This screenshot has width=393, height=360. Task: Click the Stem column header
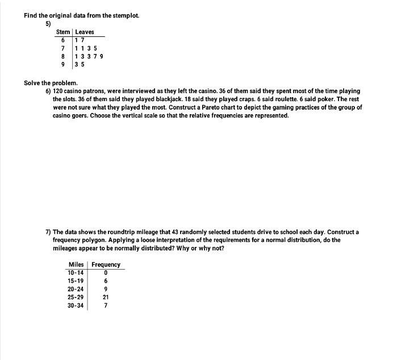pyautogui.click(x=63, y=32)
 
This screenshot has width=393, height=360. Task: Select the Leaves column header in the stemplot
pyautogui.click(x=85, y=32)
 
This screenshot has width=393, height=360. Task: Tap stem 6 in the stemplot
pyautogui.click(x=63, y=40)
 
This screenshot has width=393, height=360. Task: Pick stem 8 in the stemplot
pyautogui.click(x=63, y=56)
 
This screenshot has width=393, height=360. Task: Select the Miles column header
pyautogui.click(x=76, y=265)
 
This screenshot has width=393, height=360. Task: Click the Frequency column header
pyautogui.click(x=106, y=265)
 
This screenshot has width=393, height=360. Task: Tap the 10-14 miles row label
pyautogui.click(x=76, y=273)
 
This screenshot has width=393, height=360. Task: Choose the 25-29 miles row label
pyautogui.click(x=76, y=297)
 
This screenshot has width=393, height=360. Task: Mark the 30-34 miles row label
pyautogui.click(x=76, y=305)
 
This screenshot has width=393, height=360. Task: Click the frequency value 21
pyautogui.click(x=106, y=297)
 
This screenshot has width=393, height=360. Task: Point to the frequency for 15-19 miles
pyautogui.click(x=106, y=281)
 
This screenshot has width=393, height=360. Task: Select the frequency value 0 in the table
pyautogui.click(x=106, y=273)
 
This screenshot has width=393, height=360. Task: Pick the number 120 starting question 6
pyautogui.click(x=58, y=91)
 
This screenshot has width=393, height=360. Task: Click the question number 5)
pyautogui.click(x=49, y=24)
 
